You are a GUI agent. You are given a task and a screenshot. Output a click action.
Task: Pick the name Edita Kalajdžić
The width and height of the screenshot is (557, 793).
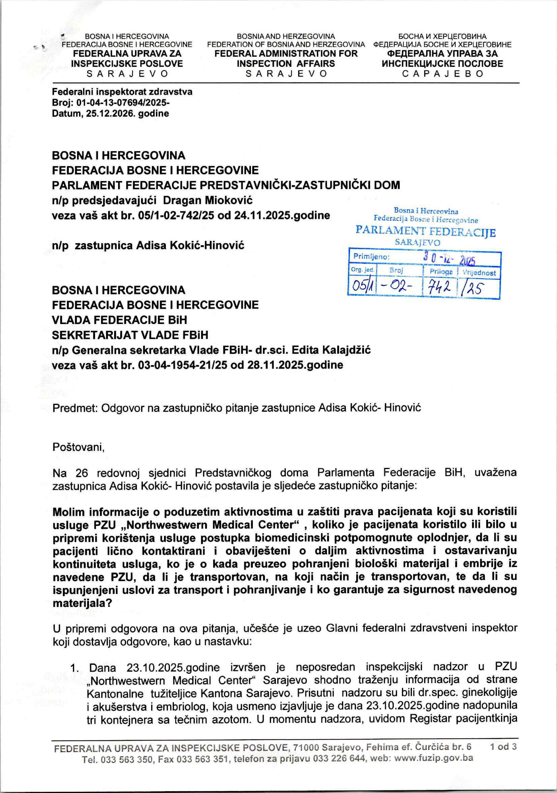(331, 350)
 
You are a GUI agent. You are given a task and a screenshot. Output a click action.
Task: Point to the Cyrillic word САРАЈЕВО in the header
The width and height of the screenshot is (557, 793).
(442, 74)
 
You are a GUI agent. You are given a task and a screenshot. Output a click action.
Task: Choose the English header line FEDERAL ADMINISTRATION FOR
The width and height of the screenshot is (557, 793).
(286, 54)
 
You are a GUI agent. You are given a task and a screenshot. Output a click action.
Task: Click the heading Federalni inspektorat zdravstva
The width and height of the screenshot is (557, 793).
(122, 92)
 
